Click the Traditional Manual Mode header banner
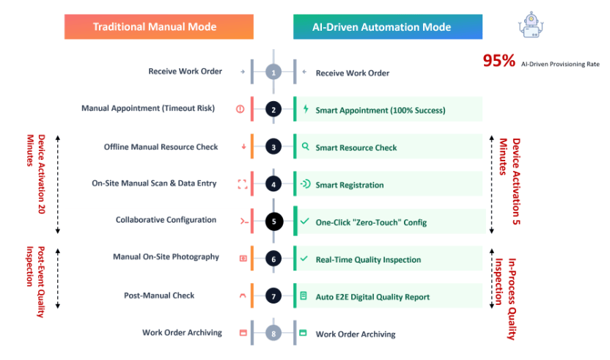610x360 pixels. point(158,27)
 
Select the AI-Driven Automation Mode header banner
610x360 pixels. point(388,27)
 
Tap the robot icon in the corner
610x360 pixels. point(531,25)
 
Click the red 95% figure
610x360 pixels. point(499,61)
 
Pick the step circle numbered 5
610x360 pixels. point(274,221)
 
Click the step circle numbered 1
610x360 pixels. point(273,72)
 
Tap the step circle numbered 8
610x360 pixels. point(273,334)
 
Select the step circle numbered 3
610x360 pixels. point(273,147)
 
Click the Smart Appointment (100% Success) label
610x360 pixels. point(380,110)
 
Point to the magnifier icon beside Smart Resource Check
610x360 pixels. point(306,147)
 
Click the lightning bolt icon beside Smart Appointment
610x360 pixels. point(306,109)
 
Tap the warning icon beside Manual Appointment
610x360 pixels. point(240,109)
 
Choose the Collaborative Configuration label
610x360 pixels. point(166,220)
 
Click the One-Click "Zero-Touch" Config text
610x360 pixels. point(371,222)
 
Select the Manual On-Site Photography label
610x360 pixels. point(166,257)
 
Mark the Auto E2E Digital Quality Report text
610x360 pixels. point(372,297)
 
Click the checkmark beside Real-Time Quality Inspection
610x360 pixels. point(304,258)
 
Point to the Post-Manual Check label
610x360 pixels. point(159,295)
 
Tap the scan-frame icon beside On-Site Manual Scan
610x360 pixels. point(243,184)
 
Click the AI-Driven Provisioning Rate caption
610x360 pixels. point(560,65)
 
